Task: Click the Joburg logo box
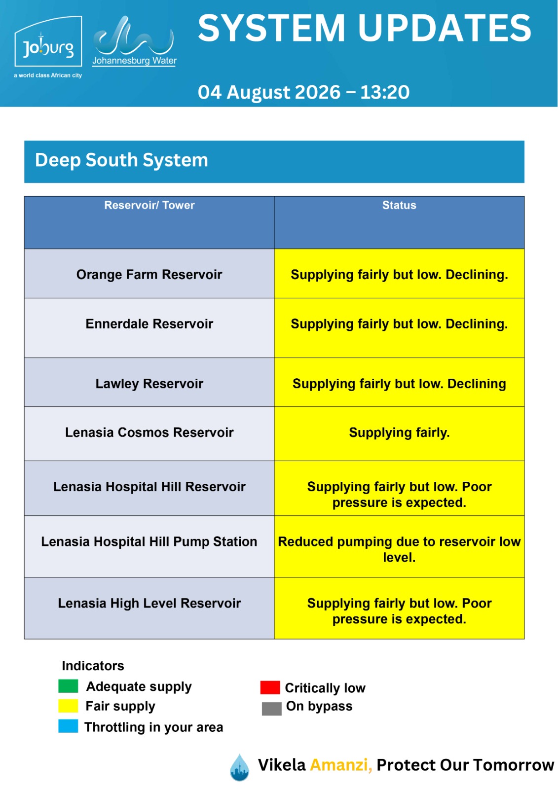48,41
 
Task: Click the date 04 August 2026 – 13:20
303,92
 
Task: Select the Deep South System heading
121,160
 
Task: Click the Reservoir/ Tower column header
149,205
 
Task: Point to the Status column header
399,205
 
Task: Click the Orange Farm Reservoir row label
149,274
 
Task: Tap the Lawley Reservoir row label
149,384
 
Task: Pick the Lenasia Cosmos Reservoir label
149,432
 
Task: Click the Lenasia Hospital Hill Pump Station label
149,541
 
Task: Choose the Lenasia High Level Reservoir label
149,603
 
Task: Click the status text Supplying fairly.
399,432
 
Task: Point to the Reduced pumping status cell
399,546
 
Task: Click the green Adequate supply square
68,686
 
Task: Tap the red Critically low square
270,687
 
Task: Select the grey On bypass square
271,709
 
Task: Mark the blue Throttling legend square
68,726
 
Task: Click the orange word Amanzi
341,765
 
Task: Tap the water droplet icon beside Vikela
239,767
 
